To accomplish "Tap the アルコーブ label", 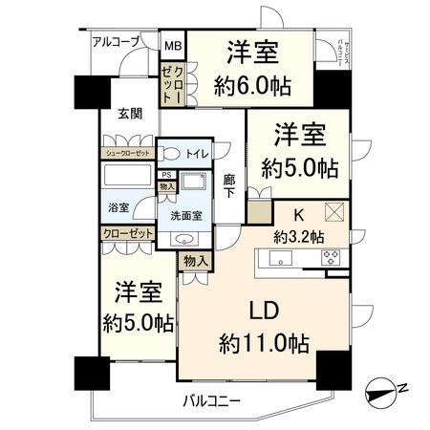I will (x=116, y=42).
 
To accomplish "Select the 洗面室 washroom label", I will (x=186, y=215).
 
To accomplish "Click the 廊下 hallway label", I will (x=229, y=185).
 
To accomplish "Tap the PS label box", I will (x=166, y=175).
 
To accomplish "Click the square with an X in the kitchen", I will (x=334, y=212).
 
